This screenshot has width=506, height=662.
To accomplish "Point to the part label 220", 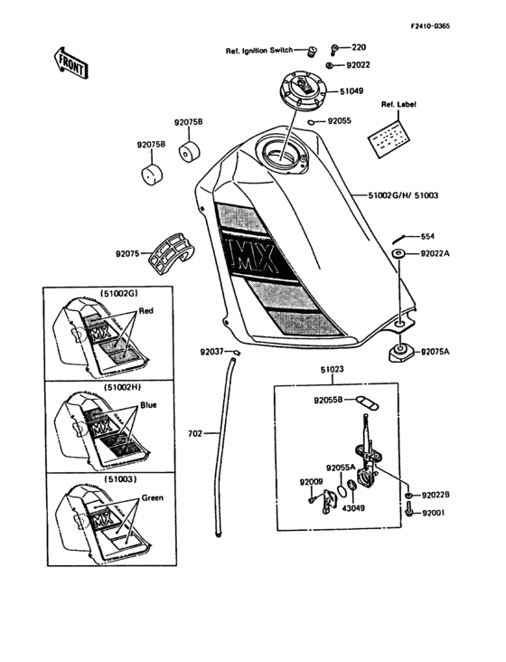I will coord(359,47).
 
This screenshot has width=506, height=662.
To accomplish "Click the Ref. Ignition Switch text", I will coord(265,52).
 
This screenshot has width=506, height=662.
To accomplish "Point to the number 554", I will coord(427,236).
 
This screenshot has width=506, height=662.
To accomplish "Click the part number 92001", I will coord(436,513).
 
